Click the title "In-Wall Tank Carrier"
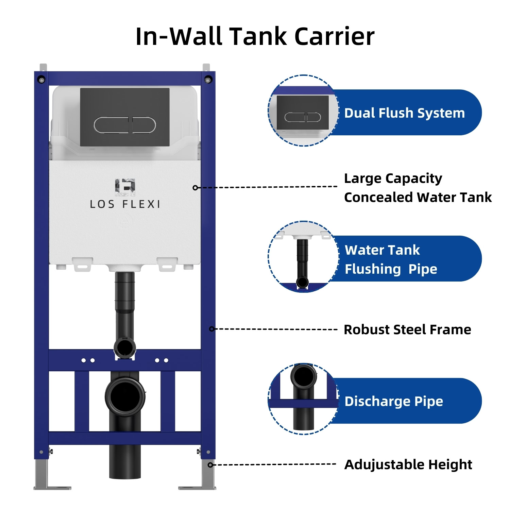tap(255, 36)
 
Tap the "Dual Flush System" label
tap(404, 113)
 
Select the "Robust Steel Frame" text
tap(407, 329)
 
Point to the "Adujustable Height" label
tap(408, 464)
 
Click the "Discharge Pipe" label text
tap(394, 401)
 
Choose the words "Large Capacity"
tap(393, 178)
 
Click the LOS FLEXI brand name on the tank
tap(125, 204)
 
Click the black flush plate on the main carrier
tap(125, 117)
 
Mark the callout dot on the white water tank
tap(195, 188)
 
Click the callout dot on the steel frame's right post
tap(211, 329)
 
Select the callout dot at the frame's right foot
tap(210, 465)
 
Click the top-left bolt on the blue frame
tap(41, 80)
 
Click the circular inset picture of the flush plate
tap(303, 111)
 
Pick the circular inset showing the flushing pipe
tap(303, 257)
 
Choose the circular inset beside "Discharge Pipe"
tap(303, 399)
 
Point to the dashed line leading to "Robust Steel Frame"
tap(275, 329)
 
